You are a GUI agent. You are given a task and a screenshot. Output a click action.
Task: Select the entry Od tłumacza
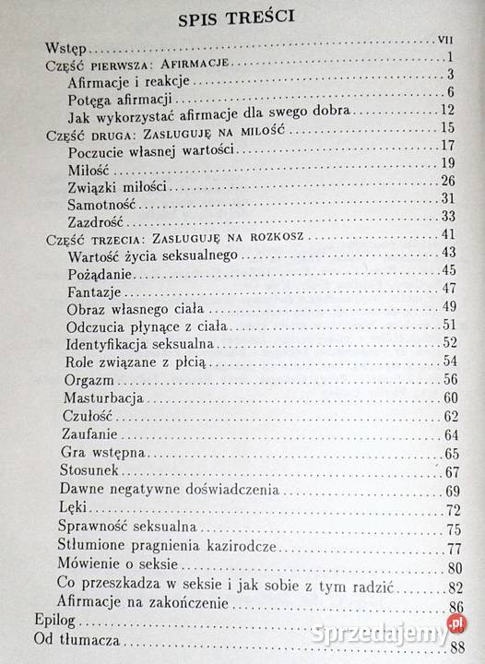click(x=86, y=646)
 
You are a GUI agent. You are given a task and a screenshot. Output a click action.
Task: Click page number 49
click(x=451, y=306)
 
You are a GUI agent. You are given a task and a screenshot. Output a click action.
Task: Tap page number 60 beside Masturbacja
click(x=451, y=397)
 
